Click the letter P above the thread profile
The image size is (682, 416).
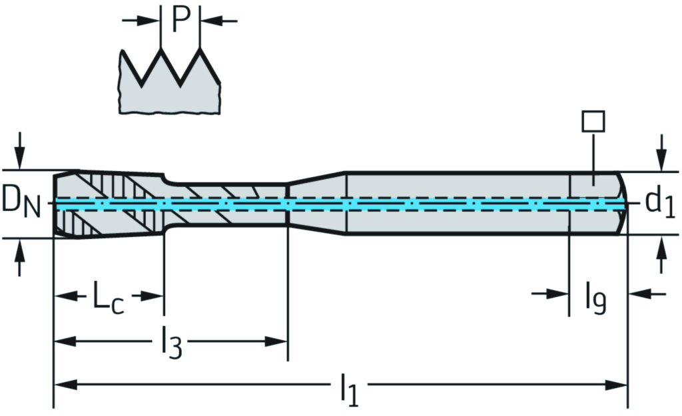tap(180, 20)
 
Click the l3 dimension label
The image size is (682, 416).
tap(170, 344)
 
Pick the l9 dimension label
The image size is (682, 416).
tap(597, 298)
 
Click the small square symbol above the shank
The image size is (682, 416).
tap(593, 122)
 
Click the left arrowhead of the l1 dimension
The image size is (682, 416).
tap(63, 385)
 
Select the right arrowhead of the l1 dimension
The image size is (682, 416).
tap(618, 385)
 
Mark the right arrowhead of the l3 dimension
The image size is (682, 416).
tap(278, 341)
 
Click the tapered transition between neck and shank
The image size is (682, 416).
tap(316, 203)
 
